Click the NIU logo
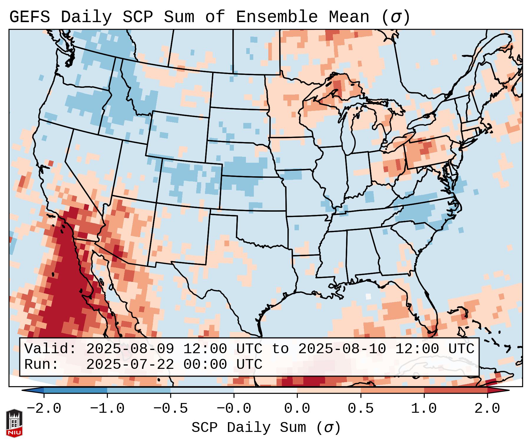point(14,423)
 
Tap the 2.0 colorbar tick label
point(487,409)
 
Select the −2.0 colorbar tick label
point(44,409)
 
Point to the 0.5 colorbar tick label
point(360,409)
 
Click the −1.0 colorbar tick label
point(107,409)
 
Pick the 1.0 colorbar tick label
point(424,409)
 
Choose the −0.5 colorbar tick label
point(171,409)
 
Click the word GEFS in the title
point(29,17)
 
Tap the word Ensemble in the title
point(277,17)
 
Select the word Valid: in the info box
point(50,349)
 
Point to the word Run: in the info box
point(42,364)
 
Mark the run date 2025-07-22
point(130,364)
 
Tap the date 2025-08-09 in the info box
point(130,349)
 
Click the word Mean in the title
point(349,17)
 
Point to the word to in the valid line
point(280,349)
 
